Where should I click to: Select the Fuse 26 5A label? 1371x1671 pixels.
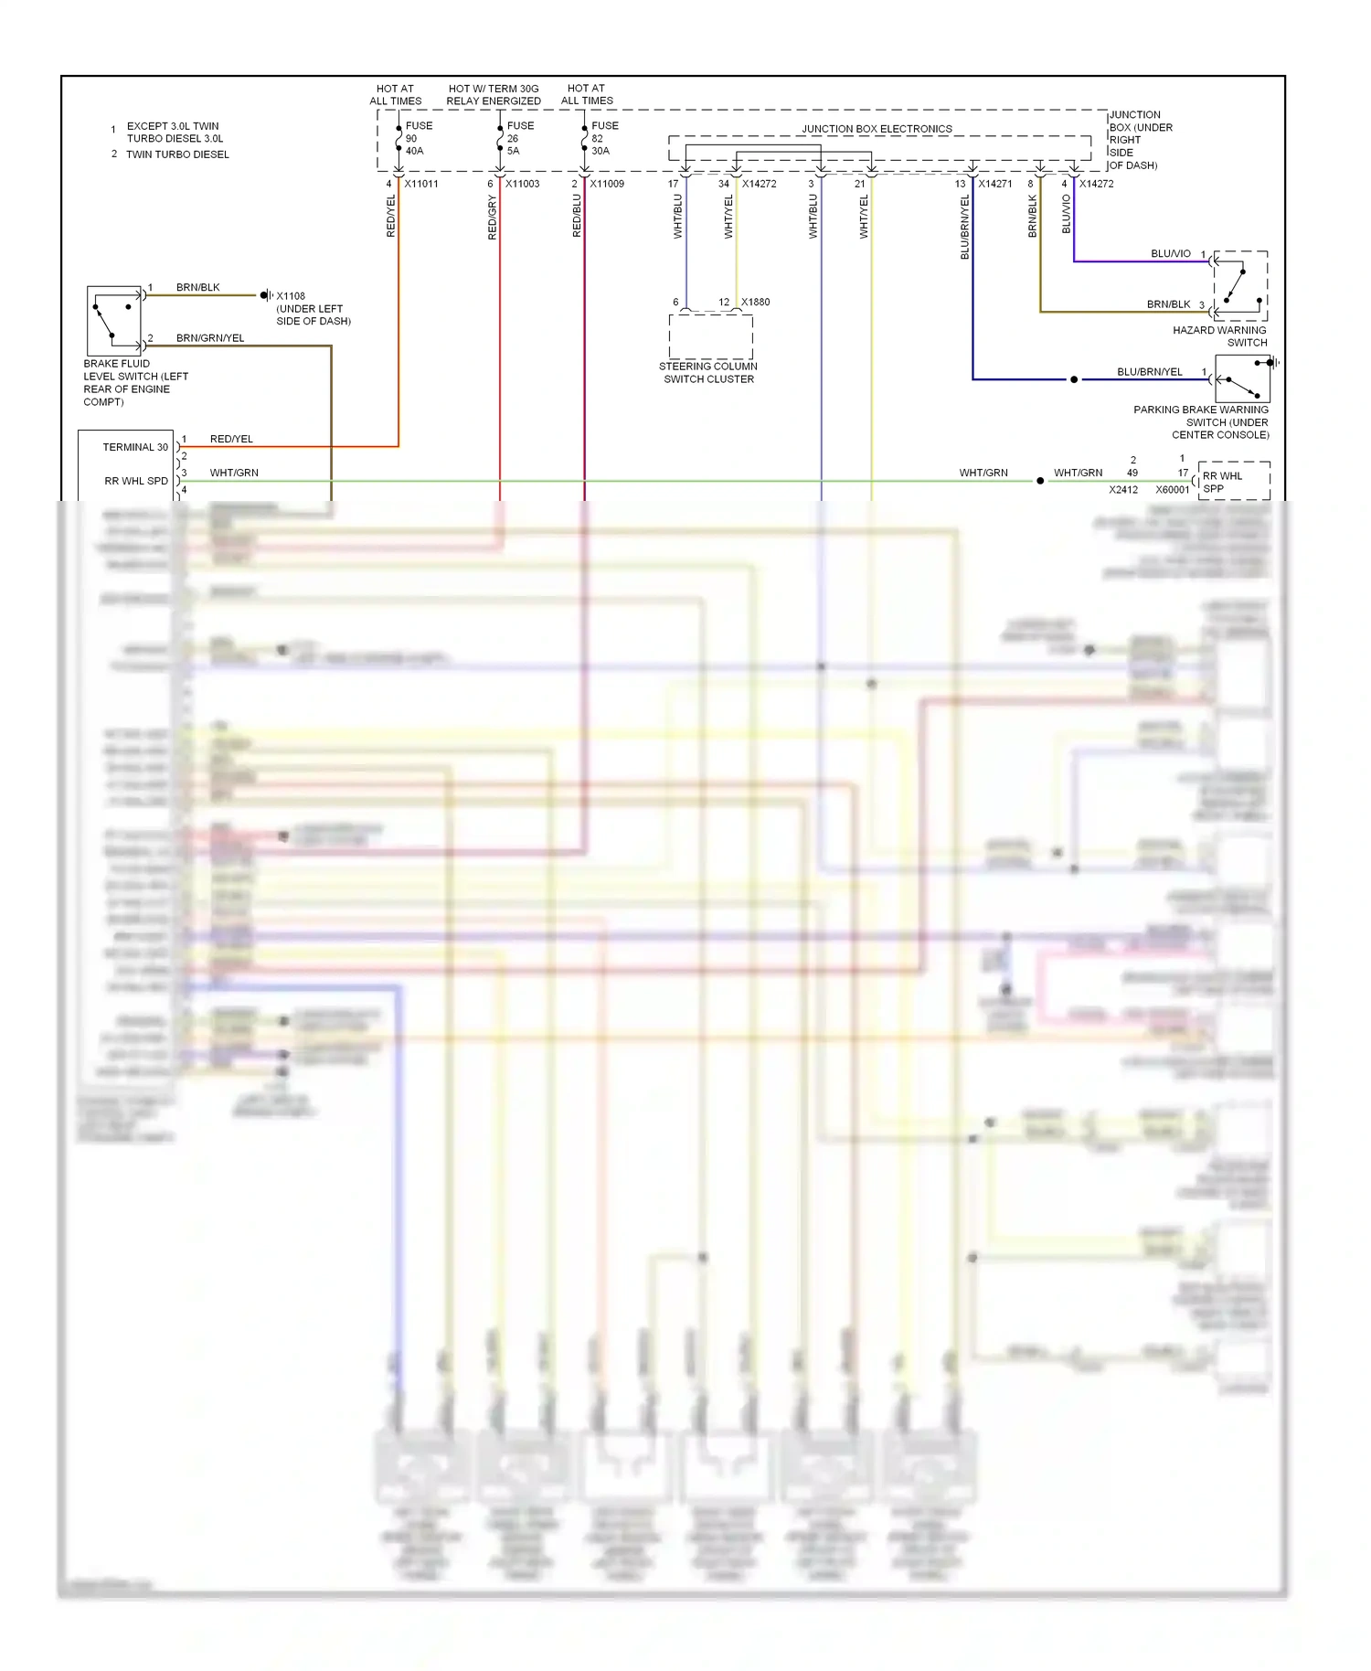pyautogui.click(x=519, y=138)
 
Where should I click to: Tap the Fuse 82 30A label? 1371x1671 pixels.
pyautogui.click(x=603, y=138)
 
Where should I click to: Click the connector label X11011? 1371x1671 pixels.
pyautogui.click(x=421, y=184)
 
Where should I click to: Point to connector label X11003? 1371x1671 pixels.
pyautogui.click(x=522, y=184)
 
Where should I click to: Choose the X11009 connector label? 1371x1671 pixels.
pyautogui.click(x=607, y=184)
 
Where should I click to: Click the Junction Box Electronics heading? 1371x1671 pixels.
pyautogui.click(x=877, y=129)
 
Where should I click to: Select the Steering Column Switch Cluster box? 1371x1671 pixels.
pyautogui.click(x=710, y=336)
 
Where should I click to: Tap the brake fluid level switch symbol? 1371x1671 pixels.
pyautogui.click(x=114, y=320)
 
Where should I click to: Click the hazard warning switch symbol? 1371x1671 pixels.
pyautogui.click(x=1240, y=282)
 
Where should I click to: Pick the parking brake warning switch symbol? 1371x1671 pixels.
pyautogui.click(x=1242, y=378)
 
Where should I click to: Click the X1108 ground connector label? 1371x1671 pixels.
pyautogui.click(x=291, y=296)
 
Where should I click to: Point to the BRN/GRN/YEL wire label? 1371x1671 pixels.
pyautogui.click(x=210, y=338)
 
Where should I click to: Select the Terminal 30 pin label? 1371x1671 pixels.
pyautogui.click(x=135, y=447)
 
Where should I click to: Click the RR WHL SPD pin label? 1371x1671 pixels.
pyautogui.click(x=136, y=481)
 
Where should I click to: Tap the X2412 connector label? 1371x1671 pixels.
pyautogui.click(x=1123, y=490)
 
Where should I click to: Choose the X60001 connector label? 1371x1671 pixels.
pyautogui.click(x=1172, y=490)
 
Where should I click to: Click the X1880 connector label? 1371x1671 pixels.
pyautogui.click(x=755, y=302)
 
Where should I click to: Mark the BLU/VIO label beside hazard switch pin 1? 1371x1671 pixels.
pyautogui.click(x=1170, y=253)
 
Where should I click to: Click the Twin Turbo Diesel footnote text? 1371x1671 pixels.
pyautogui.click(x=177, y=154)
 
